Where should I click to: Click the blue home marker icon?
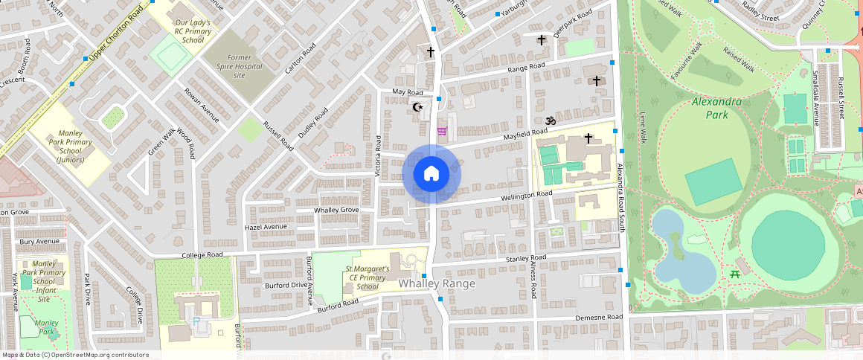coord(431,174)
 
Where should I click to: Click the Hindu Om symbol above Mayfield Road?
coord(551,120)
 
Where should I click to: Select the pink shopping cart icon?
coord(442,132)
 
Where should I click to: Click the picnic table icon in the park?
coord(734,274)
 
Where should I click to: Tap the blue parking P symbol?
coord(196,321)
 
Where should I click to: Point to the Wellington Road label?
coord(526,195)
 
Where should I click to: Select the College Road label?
coord(202,254)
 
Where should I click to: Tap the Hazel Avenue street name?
coord(266,227)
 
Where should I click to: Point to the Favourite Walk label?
coord(686,62)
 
